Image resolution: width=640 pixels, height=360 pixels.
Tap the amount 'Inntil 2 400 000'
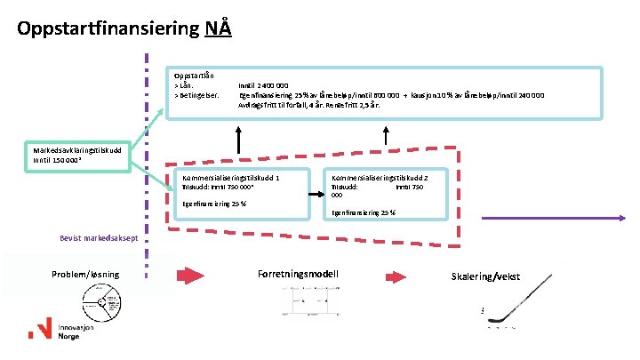[263, 84]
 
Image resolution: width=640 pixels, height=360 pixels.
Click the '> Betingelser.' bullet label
[199, 94]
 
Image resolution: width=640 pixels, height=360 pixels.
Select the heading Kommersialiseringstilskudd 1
[230, 178]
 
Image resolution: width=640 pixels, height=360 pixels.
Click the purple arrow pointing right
[551, 217]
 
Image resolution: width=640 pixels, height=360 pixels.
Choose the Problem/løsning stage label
[85, 274]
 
